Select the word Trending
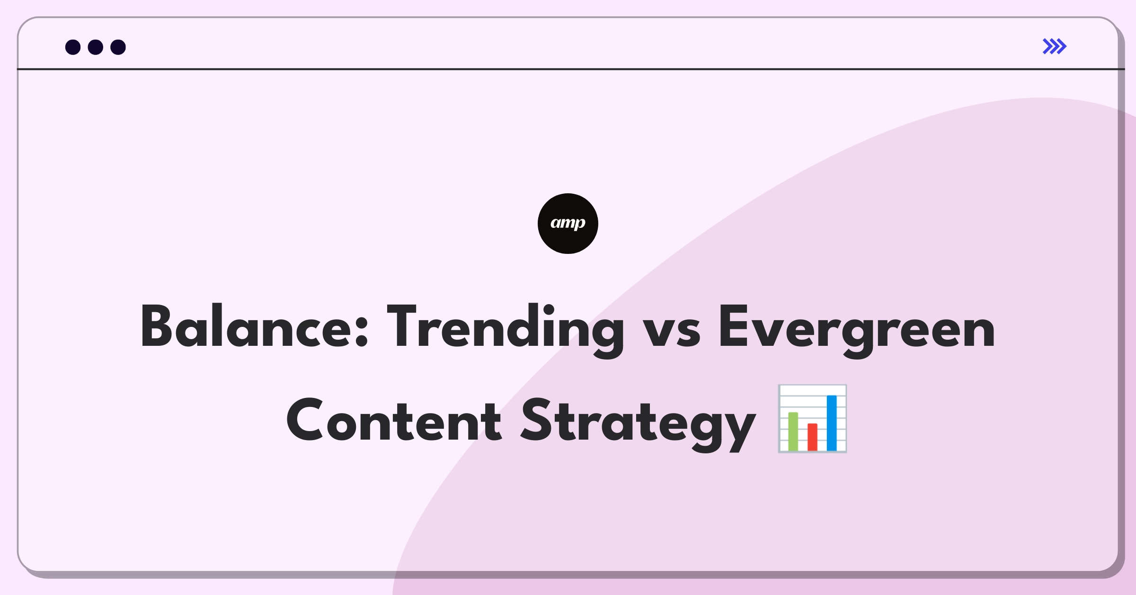click(505, 330)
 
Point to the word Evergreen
click(857, 330)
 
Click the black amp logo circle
click(568, 224)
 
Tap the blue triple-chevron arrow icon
click(1055, 46)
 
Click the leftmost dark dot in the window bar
click(73, 47)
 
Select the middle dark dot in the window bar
click(96, 47)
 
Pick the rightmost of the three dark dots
click(118, 47)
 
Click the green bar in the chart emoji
click(793, 431)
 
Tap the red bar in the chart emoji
click(813, 437)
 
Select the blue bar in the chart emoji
click(832, 423)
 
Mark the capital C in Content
click(305, 420)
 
